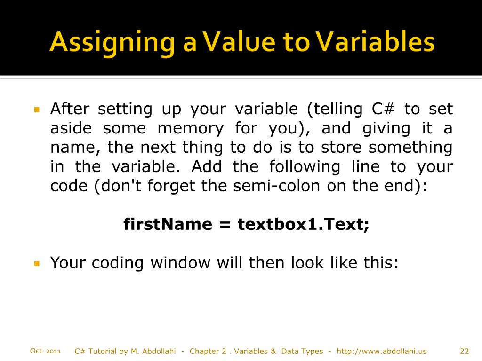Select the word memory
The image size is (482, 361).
click(191, 128)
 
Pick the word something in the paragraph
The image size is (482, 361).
click(410, 148)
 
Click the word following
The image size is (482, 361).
click(304, 167)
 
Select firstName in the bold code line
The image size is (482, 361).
click(168, 224)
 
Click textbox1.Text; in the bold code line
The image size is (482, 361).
click(304, 224)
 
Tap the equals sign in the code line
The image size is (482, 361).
click(225, 225)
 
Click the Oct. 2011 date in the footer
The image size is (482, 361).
click(45, 351)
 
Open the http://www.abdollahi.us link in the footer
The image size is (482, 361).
click(382, 351)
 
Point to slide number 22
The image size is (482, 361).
click(464, 351)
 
